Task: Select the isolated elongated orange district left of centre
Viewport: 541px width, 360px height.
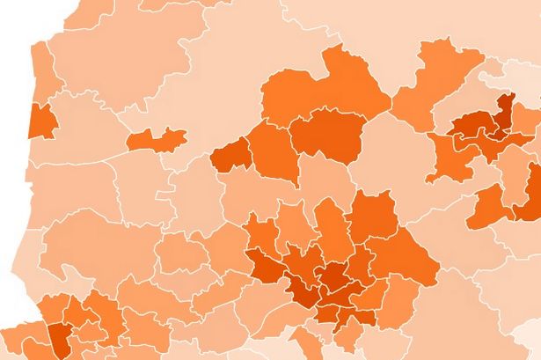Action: click(156, 138)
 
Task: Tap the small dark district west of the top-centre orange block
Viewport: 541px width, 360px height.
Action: click(230, 154)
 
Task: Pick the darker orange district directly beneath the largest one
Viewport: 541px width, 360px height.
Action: click(327, 136)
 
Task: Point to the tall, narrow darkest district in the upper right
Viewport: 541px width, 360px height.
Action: click(505, 113)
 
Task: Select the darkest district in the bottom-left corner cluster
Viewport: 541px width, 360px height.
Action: click(59, 337)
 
